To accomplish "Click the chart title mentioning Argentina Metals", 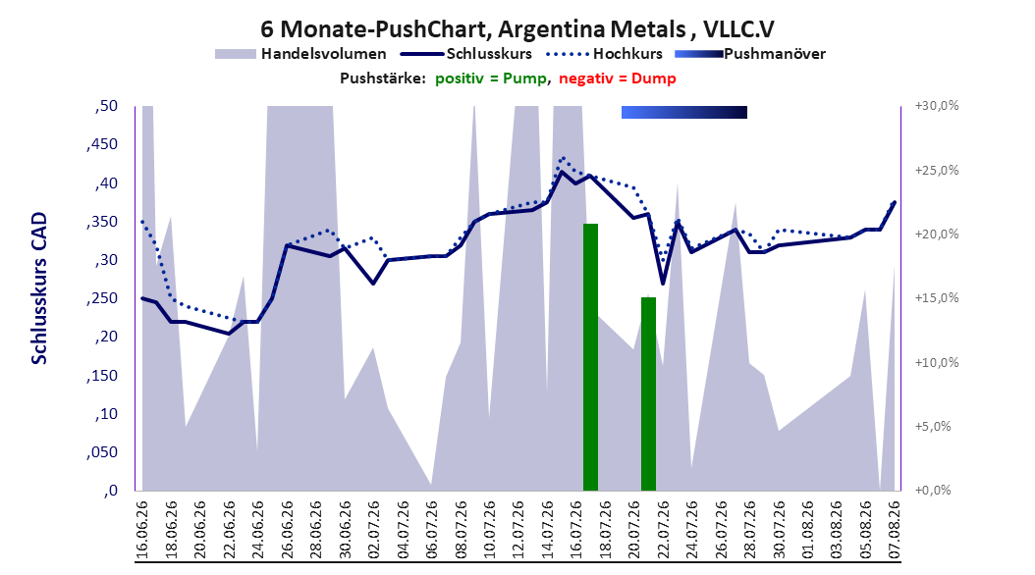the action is (x=517, y=29).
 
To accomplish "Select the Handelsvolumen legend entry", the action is (x=300, y=54).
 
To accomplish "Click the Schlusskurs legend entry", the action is (x=466, y=54).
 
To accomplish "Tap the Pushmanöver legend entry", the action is (x=750, y=54).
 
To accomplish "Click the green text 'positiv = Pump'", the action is (x=491, y=78).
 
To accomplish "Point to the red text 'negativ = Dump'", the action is (x=618, y=78).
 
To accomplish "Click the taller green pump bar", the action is (x=590, y=357).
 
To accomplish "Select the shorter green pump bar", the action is (x=648, y=393).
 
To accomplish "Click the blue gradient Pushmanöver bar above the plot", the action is (x=683, y=112).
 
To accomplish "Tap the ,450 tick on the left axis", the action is (x=102, y=144).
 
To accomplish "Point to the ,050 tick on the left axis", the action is (x=102, y=452).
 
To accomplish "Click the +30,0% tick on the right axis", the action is (x=937, y=106).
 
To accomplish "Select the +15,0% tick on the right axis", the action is (x=937, y=298).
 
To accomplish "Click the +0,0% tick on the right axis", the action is (x=933, y=491).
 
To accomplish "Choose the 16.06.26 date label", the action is (x=142, y=530).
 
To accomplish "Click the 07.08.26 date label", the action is (x=895, y=530).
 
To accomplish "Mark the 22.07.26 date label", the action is (x=663, y=530).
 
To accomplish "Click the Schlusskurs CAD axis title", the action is (x=39, y=288).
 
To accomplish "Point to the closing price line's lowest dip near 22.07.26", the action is (x=663, y=284).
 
